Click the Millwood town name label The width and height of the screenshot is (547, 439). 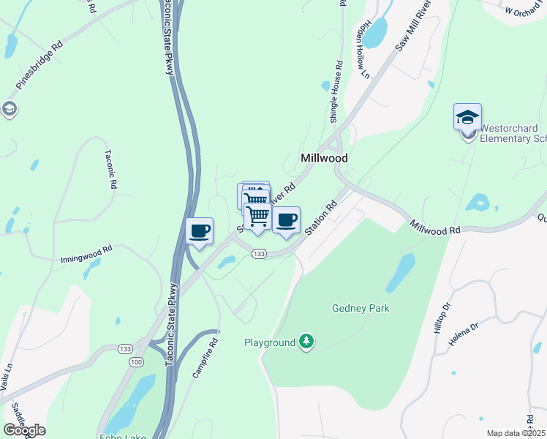tap(324, 158)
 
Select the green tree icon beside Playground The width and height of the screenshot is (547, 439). tap(307, 342)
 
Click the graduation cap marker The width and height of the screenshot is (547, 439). tap(467, 117)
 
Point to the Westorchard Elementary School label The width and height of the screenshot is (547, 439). tap(513, 132)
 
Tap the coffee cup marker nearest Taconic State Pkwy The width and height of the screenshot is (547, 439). tap(199, 232)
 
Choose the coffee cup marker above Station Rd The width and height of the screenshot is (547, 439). tap(286, 220)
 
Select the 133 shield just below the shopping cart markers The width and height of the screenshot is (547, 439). tap(257, 253)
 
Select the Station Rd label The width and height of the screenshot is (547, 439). tap(320, 217)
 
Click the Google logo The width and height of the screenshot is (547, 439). tap(24, 430)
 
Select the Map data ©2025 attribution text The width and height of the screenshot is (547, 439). tap(515, 433)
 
